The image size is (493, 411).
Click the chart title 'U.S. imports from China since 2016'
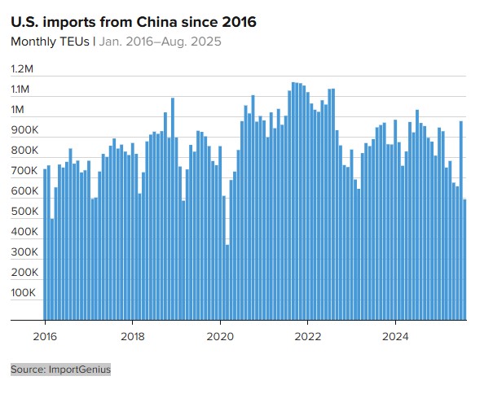(133, 22)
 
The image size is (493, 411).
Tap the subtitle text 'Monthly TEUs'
(50, 42)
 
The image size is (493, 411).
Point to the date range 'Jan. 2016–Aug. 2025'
(160, 42)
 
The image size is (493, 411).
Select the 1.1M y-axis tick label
(20, 90)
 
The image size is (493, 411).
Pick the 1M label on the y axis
(18, 110)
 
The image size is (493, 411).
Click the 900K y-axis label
(24, 130)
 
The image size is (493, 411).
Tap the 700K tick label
(24, 171)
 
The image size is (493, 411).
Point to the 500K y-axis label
(24, 212)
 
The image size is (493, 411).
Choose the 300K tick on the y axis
(24, 252)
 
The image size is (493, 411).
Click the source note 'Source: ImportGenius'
(60, 369)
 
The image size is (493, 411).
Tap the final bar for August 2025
(464, 260)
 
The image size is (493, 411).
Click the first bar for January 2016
(45, 244)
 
